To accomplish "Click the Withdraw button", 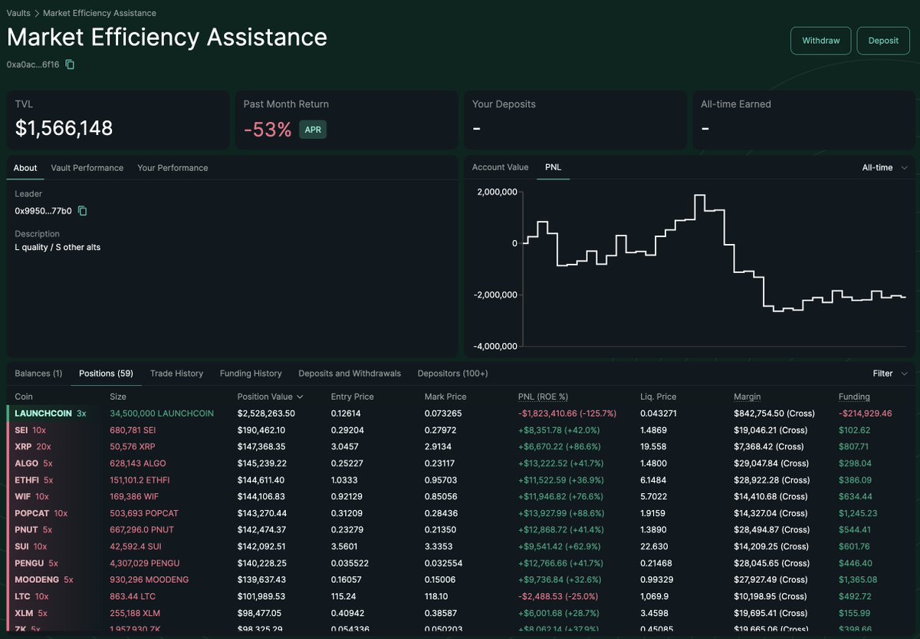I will coord(820,41).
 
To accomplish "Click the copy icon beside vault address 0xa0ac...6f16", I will coord(70,64).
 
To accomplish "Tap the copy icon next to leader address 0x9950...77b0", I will coord(83,211).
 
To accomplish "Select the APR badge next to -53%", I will coord(313,130).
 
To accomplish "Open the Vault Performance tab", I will coord(87,168).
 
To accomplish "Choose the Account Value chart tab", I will coord(500,167).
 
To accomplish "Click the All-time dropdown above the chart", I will coord(884,167).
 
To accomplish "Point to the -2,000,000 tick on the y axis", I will coord(496,295).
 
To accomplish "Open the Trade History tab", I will coord(176,374).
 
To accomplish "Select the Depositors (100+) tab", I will coord(452,374).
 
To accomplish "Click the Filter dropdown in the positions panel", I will coord(889,374).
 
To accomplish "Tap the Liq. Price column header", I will coord(658,397).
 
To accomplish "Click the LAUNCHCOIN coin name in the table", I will coord(43,413).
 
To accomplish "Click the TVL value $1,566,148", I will coord(64,128).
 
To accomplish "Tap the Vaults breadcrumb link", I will coord(18,13).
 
